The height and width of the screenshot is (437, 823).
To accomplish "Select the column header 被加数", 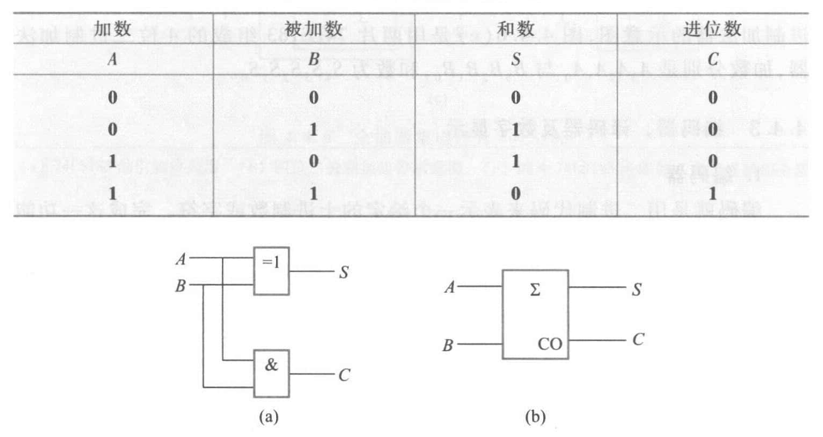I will click(313, 30).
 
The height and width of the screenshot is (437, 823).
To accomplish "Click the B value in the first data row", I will click(313, 99).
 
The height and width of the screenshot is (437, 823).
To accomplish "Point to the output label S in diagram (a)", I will click(344, 275).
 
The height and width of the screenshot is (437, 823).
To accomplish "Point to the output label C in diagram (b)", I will click(637, 340).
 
